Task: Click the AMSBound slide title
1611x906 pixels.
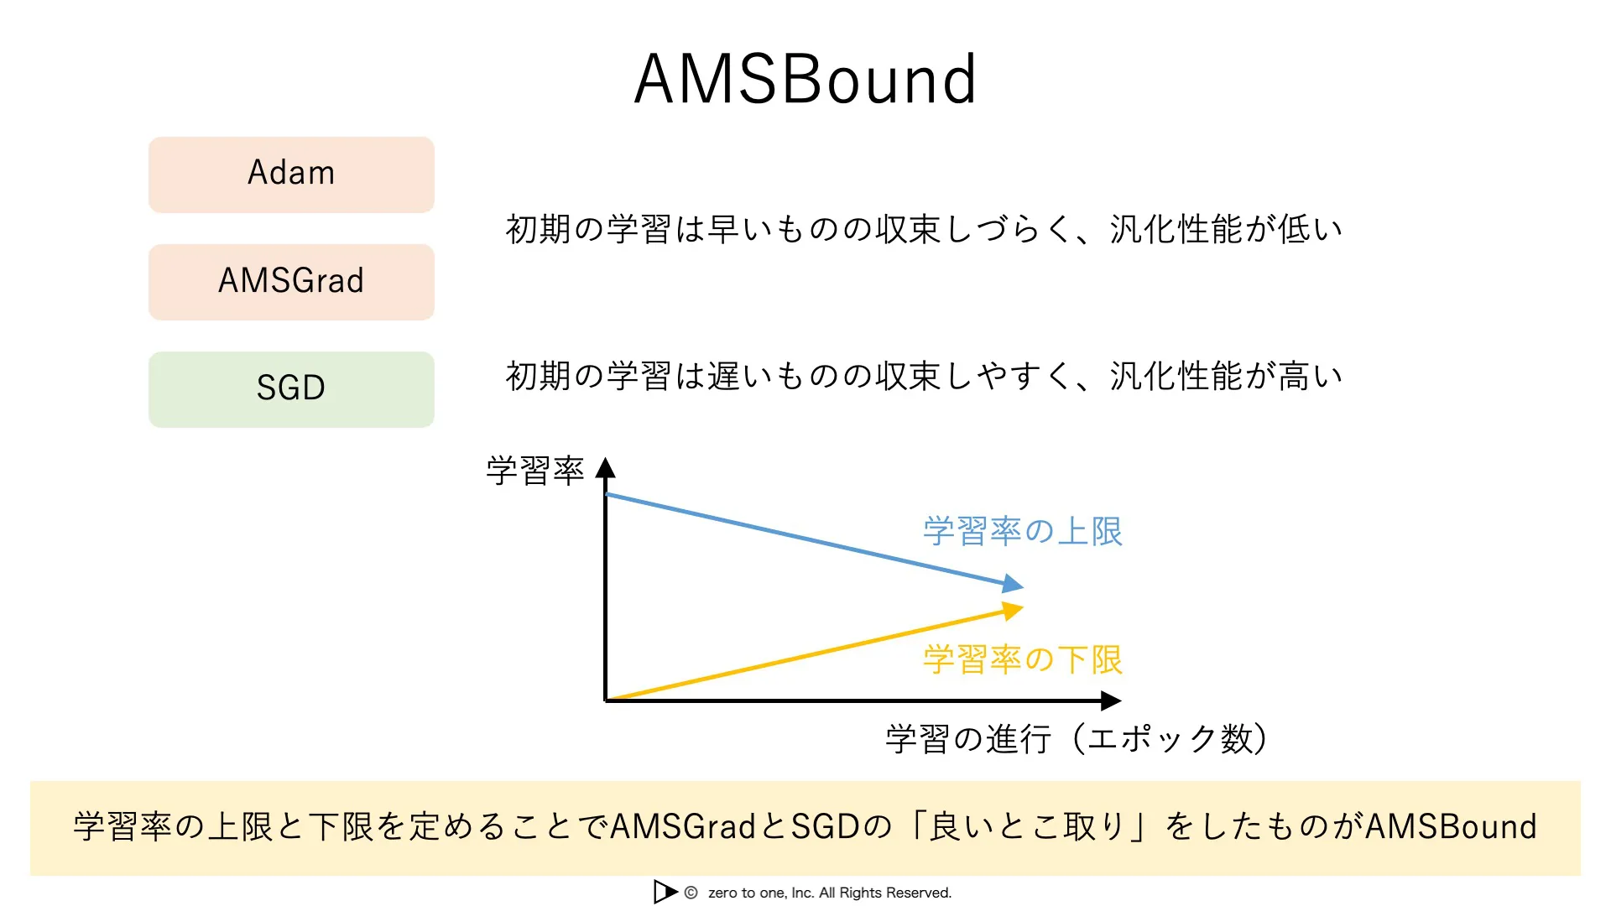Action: click(805, 80)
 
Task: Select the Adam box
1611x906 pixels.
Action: click(291, 174)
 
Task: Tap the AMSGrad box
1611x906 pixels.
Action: click(291, 282)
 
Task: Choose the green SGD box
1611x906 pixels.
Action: click(291, 389)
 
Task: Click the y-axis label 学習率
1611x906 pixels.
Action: click(534, 471)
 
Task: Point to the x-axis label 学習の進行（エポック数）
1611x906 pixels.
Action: click(1077, 739)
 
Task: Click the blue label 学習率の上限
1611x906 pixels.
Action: click(1022, 532)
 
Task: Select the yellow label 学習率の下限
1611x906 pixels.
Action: click(1022, 660)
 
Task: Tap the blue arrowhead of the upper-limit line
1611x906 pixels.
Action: click(1013, 583)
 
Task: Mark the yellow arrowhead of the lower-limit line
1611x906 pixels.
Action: click(1013, 611)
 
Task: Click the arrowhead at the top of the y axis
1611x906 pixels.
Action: click(606, 468)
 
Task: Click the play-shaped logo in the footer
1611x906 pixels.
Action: click(665, 892)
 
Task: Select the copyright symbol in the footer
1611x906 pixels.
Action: click(691, 893)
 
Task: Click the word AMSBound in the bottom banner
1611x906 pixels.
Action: click(1452, 827)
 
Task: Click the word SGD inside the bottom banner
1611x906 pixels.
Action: click(826, 827)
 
